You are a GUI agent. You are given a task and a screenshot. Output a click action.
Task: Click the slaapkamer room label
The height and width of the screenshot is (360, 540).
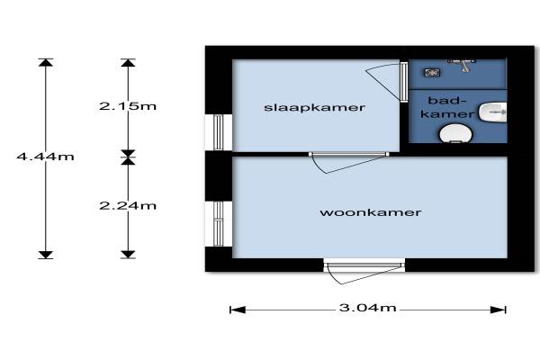pyautogui.click(x=314, y=108)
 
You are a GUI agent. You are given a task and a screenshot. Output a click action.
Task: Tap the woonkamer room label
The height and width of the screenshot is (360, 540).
pyautogui.click(x=371, y=213)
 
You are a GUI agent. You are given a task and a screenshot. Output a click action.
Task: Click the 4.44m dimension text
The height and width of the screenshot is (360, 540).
pyautogui.click(x=45, y=156)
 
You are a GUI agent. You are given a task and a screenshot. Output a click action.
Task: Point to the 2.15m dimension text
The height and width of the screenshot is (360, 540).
pyautogui.click(x=128, y=106)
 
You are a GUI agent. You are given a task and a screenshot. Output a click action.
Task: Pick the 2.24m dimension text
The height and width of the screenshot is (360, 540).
pyautogui.click(x=128, y=205)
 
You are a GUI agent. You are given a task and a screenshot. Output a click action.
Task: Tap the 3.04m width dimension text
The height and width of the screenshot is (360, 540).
pyautogui.click(x=367, y=309)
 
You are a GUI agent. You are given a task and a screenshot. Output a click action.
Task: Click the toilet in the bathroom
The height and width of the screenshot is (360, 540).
pyautogui.click(x=457, y=133)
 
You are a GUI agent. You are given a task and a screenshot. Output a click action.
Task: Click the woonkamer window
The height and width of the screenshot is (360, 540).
pyautogui.click(x=219, y=222)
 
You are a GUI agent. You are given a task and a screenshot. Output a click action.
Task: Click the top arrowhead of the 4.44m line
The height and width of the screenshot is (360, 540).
pyautogui.click(x=46, y=62)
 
